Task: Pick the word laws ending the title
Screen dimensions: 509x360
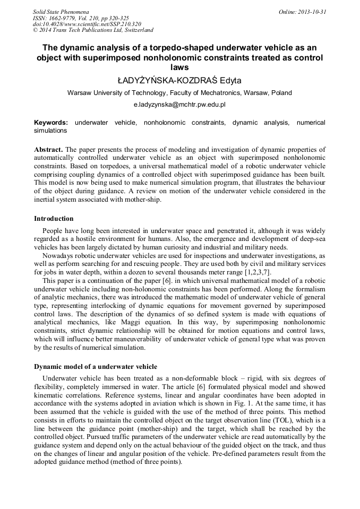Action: click(x=179, y=67)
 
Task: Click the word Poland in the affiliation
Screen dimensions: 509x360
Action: click(x=281, y=93)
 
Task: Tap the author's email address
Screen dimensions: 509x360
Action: click(x=179, y=106)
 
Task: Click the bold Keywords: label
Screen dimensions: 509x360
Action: click(x=51, y=123)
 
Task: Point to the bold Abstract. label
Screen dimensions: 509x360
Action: click(x=48, y=150)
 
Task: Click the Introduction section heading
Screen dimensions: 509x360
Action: click(x=54, y=219)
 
